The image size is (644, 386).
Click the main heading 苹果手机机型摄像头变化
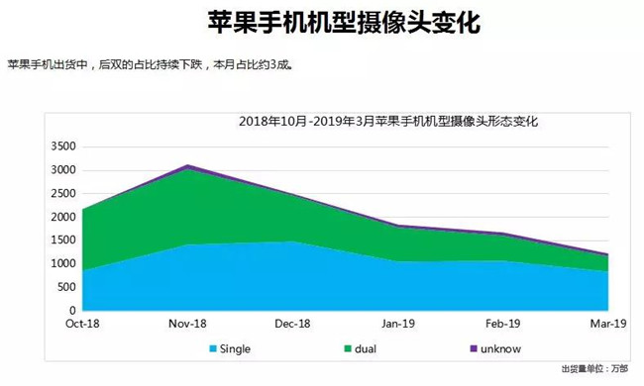point(321,22)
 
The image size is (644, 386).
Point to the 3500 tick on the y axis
point(62,146)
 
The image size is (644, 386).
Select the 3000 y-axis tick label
point(62,170)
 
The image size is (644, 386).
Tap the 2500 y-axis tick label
point(62,193)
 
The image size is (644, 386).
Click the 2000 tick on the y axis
point(62,217)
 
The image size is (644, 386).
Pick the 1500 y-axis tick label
point(62,241)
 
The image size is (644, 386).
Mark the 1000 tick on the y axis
point(62,263)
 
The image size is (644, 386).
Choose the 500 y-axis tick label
point(65,287)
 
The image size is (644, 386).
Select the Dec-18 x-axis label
point(292,324)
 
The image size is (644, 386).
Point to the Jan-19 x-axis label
point(397,324)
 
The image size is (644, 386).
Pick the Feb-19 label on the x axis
point(503,324)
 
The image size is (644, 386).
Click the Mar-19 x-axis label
point(607,324)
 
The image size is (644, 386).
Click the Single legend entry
point(236,348)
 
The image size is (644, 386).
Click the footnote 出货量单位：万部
point(593,369)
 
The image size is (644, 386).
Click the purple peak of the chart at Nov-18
point(187,166)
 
